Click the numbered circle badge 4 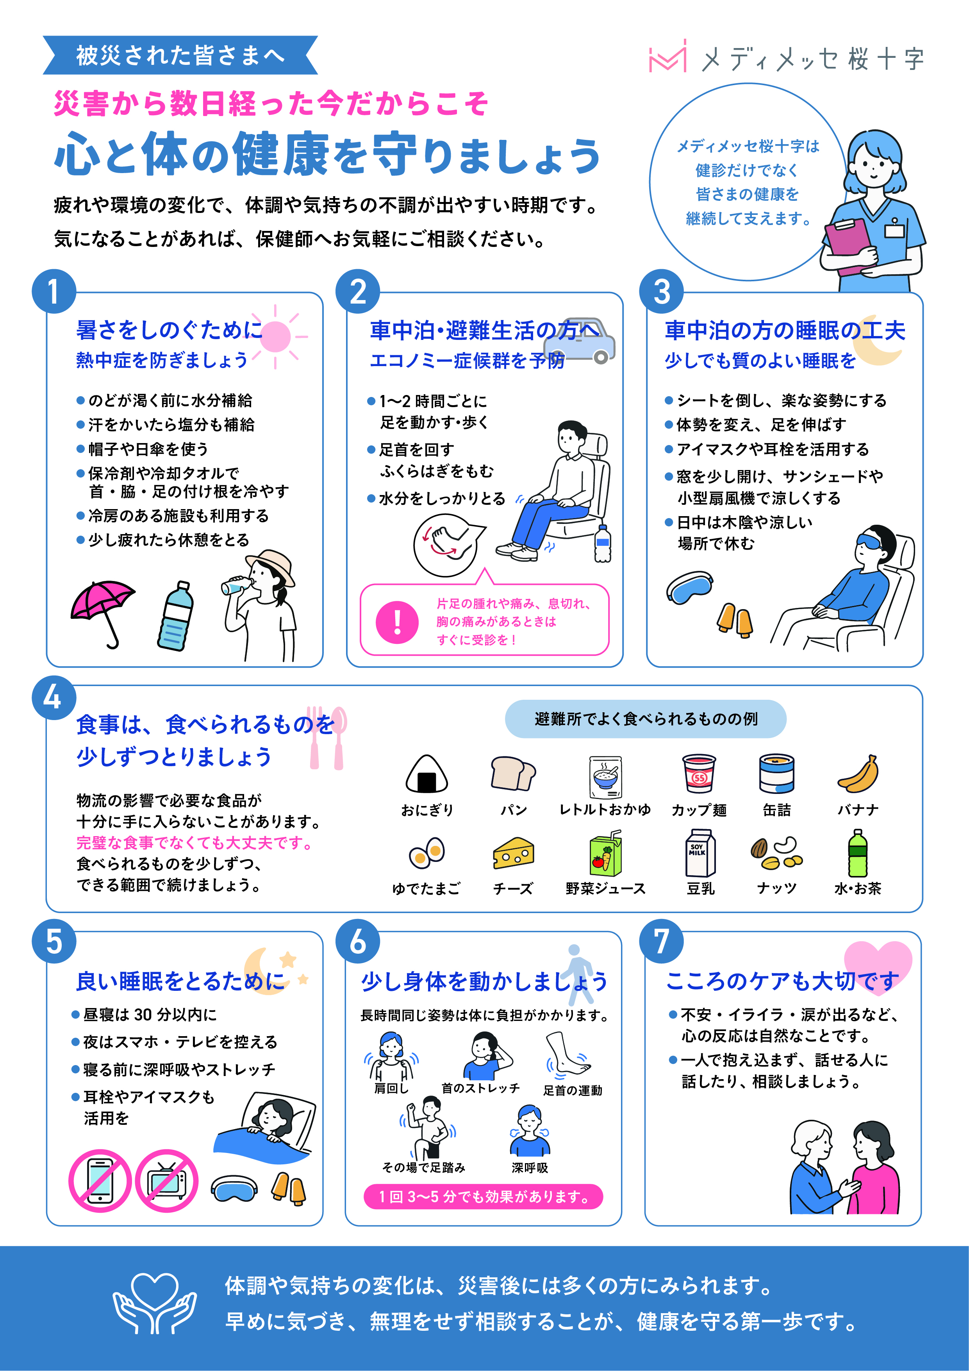click(54, 697)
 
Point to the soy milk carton click(700, 852)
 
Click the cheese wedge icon click(513, 853)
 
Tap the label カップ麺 click(699, 810)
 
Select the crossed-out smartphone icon click(100, 1180)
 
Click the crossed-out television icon click(166, 1180)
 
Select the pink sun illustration click(275, 336)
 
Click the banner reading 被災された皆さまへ click(180, 55)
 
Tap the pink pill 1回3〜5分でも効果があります click(483, 1197)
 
